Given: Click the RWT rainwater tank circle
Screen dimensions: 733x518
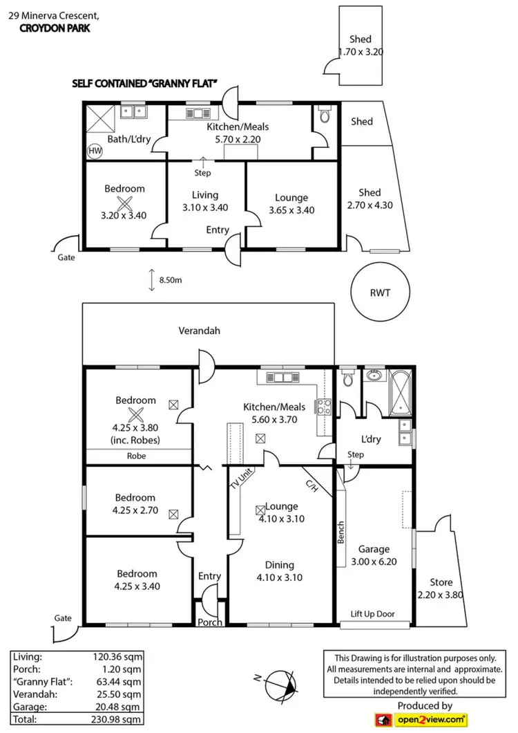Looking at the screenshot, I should pos(380,293).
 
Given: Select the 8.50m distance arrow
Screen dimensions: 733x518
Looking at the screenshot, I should pos(151,280).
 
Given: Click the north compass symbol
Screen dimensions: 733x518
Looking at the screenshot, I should pos(278,685).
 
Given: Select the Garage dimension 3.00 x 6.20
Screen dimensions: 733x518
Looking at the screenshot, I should pos(374,562).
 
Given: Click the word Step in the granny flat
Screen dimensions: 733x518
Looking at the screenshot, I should pos(202,173).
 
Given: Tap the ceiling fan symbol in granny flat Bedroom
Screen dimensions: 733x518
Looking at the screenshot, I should pos(125,203).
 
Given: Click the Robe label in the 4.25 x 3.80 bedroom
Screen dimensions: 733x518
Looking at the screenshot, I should pos(135,456).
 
